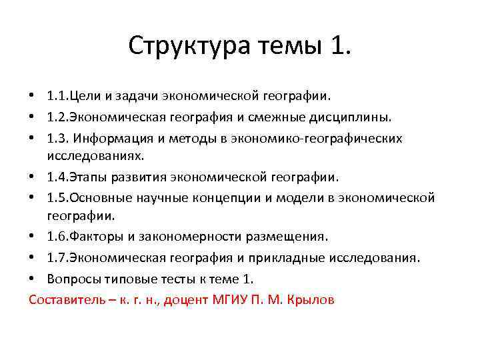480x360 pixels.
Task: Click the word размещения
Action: click(x=284, y=237)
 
